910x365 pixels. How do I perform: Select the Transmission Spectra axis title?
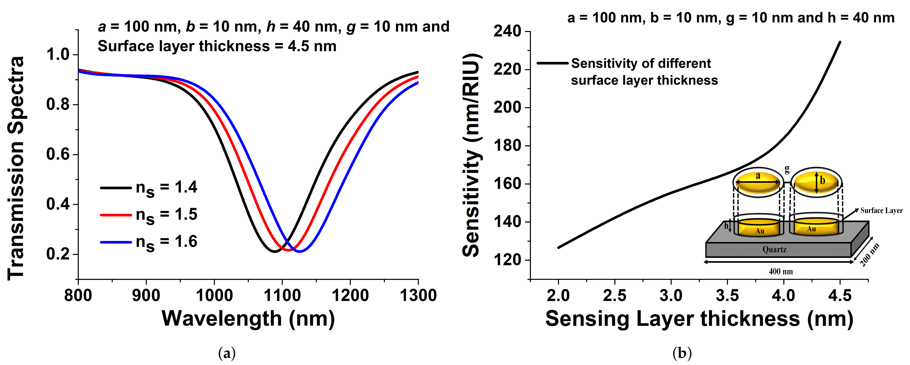16,168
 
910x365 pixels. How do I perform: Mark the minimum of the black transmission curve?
275,251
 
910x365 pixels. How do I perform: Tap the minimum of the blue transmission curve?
300,251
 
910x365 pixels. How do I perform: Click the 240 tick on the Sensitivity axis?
507,31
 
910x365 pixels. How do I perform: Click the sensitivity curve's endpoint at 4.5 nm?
840,42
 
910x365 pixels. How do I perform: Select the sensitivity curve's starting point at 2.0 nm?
558,247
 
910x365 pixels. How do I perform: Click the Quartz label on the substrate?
774,250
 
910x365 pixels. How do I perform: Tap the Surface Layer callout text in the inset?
881,211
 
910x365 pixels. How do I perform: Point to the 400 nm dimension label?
781,271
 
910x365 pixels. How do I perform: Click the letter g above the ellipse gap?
787,170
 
